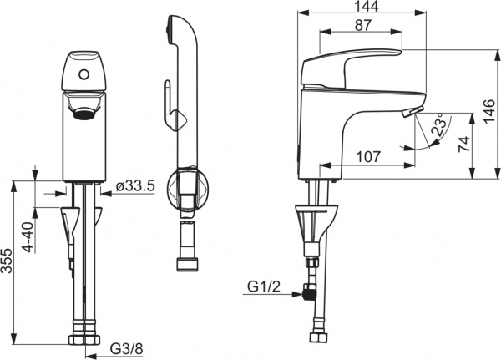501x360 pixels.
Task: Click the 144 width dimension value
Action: click(362, 8)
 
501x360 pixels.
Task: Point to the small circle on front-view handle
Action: click(83, 75)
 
